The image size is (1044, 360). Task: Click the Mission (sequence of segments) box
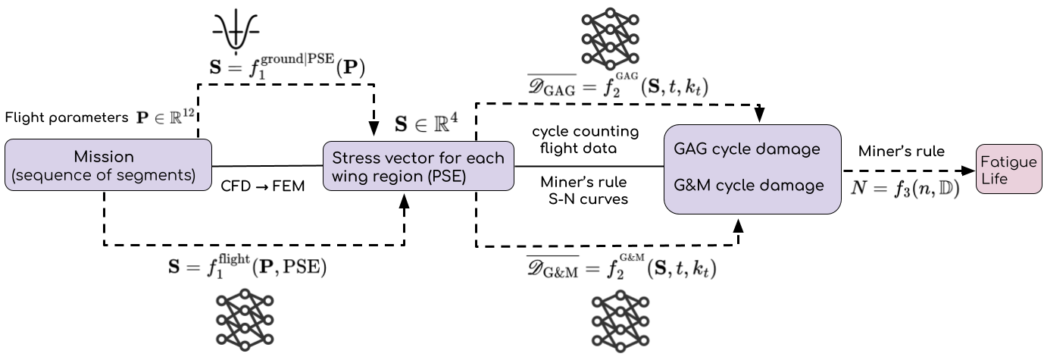(108, 164)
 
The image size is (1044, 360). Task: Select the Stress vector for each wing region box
(418, 166)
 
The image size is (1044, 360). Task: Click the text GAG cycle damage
(746, 149)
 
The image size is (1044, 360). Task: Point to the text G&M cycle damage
(749, 185)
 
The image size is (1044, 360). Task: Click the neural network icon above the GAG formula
(610, 37)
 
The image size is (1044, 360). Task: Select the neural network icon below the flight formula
(245, 320)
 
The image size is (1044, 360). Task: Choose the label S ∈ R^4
(427, 122)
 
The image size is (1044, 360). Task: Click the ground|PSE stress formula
(286, 66)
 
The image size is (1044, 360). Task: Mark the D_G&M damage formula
(620, 268)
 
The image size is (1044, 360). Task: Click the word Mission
(104, 157)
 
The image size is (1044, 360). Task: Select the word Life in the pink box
(994, 180)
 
